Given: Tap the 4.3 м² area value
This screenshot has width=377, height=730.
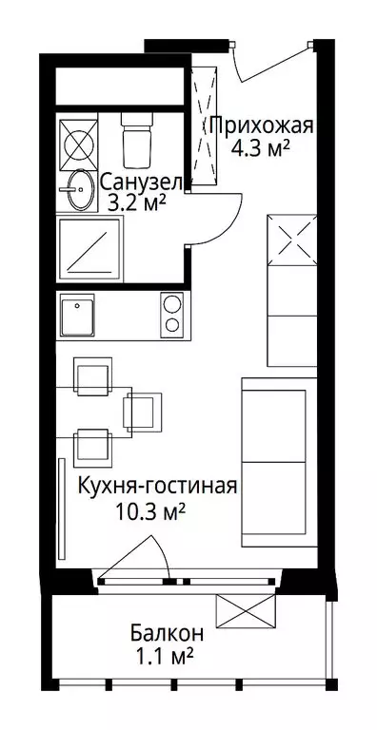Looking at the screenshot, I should coord(261,148).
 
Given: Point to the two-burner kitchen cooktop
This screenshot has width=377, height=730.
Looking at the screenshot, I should coord(172,313).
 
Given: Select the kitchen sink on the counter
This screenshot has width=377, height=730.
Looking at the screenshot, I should coord(77,314).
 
